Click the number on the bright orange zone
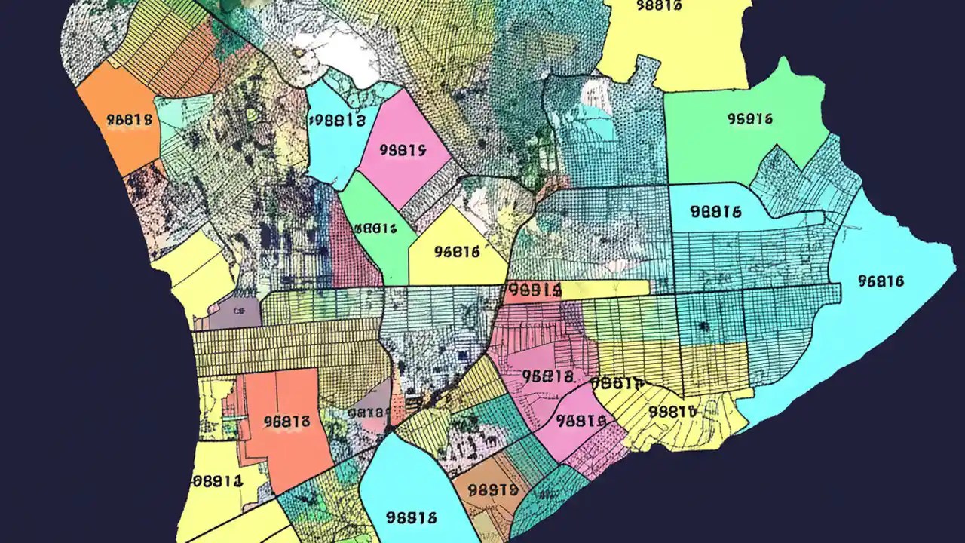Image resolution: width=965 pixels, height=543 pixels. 130,120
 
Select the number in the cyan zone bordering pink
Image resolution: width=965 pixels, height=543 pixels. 337,120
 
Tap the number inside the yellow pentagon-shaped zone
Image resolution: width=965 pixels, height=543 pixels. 458,253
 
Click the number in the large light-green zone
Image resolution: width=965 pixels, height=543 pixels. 749,118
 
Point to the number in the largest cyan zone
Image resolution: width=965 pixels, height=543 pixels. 881,281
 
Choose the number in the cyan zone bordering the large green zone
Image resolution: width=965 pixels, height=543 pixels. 715,212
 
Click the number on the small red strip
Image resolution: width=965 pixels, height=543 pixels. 534,290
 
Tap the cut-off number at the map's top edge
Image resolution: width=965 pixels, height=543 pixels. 659,5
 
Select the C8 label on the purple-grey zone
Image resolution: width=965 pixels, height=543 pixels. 240,309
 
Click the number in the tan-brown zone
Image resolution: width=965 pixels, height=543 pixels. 492,489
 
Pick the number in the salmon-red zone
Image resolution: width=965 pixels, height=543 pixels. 287,422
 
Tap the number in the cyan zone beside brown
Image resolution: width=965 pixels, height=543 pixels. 411,517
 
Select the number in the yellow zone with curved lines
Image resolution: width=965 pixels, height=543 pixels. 671,412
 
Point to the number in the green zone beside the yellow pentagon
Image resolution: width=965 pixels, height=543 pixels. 375,228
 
